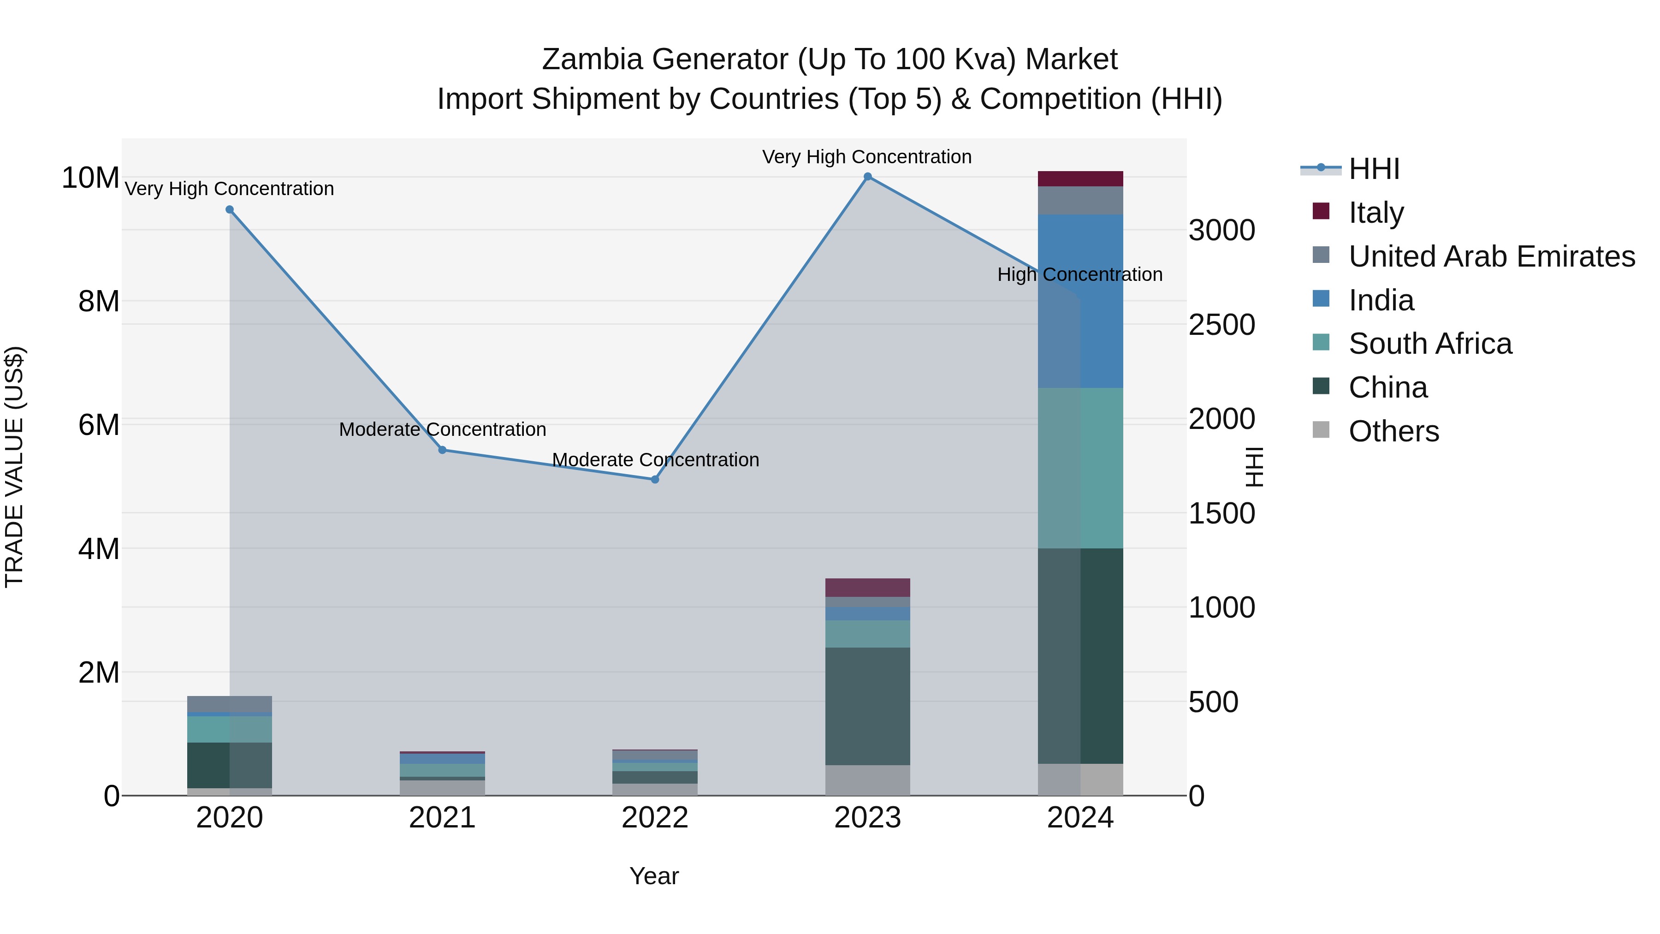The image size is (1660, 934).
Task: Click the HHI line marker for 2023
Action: (867, 177)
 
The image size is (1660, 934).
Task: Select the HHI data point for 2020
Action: (230, 209)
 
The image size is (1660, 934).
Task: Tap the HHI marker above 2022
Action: (655, 480)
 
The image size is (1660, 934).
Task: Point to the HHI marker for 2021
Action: (442, 450)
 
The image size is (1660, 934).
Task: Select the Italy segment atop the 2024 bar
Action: (1080, 178)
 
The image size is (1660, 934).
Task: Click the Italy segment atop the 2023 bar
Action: (867, 587)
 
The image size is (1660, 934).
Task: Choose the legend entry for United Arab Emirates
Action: (1491, 256)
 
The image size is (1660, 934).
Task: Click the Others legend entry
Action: (1393, 431)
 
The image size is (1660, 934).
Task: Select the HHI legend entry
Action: (1373, 169)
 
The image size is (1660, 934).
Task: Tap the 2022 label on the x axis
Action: (655, 818)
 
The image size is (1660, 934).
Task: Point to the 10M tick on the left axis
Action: (90, 178)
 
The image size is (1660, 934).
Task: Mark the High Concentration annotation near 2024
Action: (1080, 274)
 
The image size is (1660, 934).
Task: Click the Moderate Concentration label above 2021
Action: (442, 429)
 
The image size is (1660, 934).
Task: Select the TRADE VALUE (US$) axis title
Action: (14, 467)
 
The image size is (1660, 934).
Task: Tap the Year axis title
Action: (653, 876)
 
